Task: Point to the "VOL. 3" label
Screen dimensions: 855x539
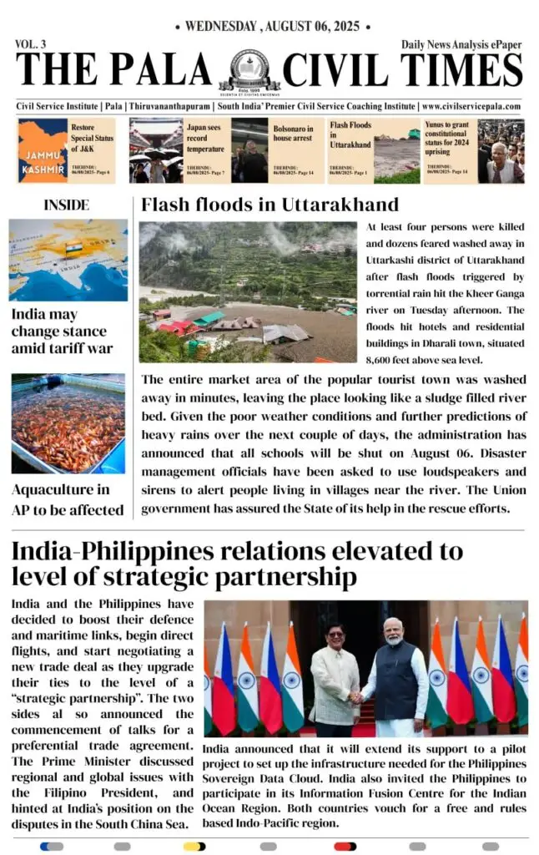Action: click(x=31, y=43)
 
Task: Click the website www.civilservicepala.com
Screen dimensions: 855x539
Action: click(x=471, y=107)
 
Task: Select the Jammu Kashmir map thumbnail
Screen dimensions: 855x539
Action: click(x=43, y=150)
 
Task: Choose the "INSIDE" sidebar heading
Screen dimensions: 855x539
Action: click(x=66, y=205)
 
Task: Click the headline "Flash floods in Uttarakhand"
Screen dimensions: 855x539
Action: click(x=269, y=205)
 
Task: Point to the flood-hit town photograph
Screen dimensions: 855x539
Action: click(x=247, y=291)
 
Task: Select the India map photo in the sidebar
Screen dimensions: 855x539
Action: click(x=68, y=260)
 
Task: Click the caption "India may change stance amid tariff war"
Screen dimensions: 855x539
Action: click(x=62, y=331)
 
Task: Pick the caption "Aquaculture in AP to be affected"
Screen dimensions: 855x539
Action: click(x=68, y=499)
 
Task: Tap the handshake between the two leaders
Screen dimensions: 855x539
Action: click(x=357, y=696)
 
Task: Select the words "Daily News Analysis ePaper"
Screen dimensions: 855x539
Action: click(x=461, y=44)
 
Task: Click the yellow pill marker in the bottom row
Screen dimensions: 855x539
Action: click(x=194, y=846)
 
